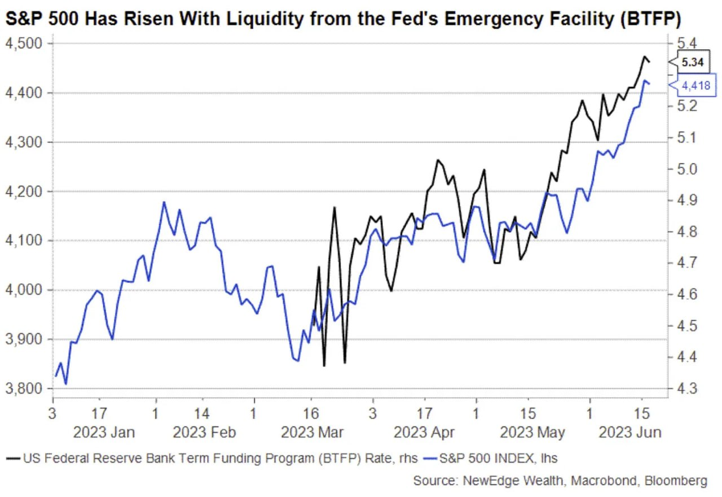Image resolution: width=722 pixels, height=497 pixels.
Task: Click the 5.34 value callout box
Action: (x=692, y=63)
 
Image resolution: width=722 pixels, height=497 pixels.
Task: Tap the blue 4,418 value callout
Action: (x=692, y=85)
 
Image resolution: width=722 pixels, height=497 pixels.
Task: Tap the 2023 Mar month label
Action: (x=312, y=433)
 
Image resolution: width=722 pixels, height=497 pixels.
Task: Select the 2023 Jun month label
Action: (x=630, y=433)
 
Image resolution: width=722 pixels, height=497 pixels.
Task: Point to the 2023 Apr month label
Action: (x=424, y=433)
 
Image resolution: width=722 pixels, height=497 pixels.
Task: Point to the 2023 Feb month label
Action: (x=204, y=433)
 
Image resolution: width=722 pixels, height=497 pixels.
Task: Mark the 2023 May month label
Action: (x=532, y=433)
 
